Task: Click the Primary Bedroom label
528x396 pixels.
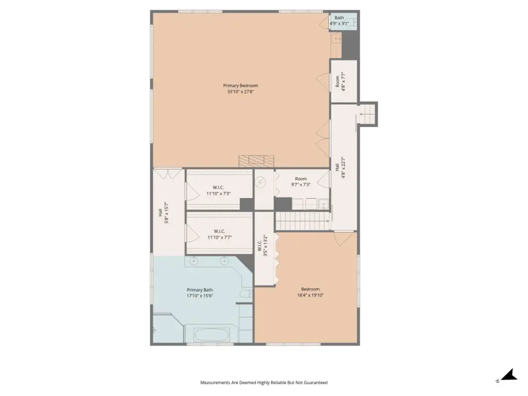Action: click(240, 86)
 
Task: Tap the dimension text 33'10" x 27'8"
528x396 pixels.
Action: click(240, 92)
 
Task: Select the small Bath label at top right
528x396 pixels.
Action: click(339, 18)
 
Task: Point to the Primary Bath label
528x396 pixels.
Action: click(200, 290)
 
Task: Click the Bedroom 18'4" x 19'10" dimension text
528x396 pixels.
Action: click(310, 295)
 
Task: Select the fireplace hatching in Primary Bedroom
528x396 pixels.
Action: click(256, 161)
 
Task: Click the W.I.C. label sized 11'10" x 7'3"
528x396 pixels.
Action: click(218, 191)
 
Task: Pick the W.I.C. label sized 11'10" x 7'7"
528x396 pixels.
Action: click(219, 234)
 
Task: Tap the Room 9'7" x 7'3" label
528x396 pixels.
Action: click(301, 182)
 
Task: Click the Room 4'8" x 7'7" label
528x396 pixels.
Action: click(340, 81)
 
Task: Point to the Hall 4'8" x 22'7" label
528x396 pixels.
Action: click(340, 167)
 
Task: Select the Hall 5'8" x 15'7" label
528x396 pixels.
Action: click(163, 213)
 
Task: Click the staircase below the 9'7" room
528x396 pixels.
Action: click(302, 221)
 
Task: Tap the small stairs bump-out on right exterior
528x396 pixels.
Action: click(367, 114)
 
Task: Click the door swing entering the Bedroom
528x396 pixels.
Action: click(343, 238)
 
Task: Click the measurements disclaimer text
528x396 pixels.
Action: click(263, 383)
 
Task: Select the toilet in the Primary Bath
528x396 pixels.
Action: click(246, 294)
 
